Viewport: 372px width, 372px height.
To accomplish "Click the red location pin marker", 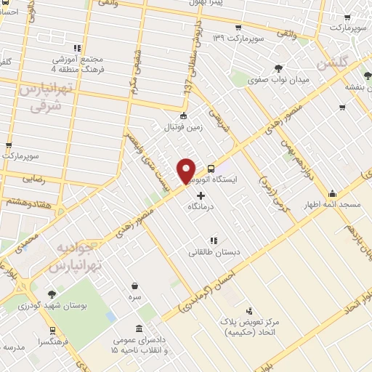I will coord(187,170).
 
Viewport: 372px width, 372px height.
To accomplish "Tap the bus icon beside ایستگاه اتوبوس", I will coord(211,166).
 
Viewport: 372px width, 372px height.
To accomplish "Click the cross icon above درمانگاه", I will coord(201,195).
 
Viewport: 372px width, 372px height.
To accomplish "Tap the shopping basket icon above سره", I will coord(136,286).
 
